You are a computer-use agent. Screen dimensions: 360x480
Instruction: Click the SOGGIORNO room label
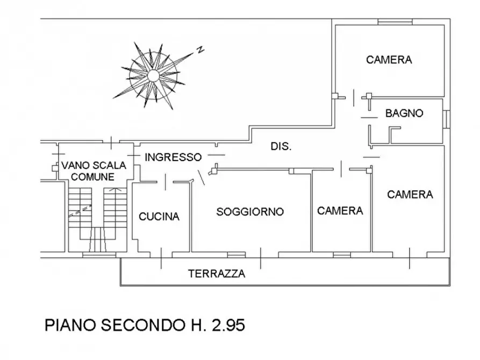tap(250, 212)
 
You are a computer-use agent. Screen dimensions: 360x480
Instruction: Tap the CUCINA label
tap(159, 217)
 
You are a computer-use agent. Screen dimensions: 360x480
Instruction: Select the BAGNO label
tap(404, 113)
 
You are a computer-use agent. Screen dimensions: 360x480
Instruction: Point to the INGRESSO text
tap(173, 157)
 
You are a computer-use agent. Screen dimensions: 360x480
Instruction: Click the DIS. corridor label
tap(281, 146)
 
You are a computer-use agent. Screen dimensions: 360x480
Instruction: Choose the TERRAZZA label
tap(217, 273)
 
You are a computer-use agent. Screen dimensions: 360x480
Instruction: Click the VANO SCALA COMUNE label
tap(93, 171)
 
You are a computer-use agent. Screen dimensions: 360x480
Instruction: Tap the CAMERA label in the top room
tap(389, 60)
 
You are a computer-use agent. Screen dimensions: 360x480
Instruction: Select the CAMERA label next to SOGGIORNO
tap(340, 211)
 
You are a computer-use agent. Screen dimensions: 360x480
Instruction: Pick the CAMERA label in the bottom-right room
tap(410, 194)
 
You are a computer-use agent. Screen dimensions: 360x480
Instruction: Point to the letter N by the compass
tap(200, 50)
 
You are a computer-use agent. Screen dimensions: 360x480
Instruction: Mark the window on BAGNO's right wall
tap(447, 119)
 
